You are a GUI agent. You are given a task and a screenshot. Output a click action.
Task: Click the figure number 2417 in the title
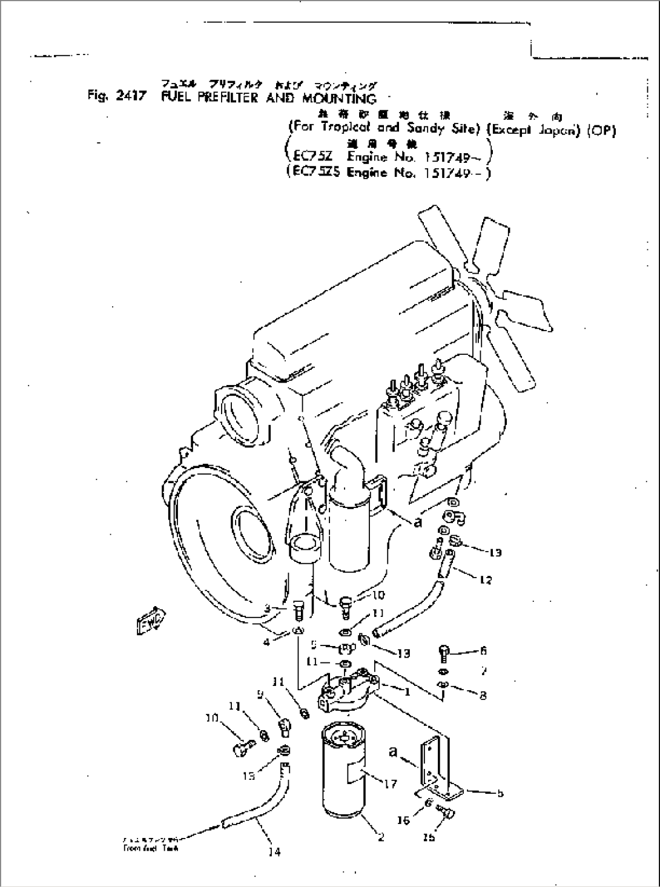click(128, 97)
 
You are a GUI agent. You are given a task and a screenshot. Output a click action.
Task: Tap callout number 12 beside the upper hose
click(485, 579)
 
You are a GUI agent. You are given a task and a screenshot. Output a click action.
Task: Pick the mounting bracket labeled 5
click(436, 769)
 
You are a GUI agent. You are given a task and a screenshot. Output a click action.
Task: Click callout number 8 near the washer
click(483, 696)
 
